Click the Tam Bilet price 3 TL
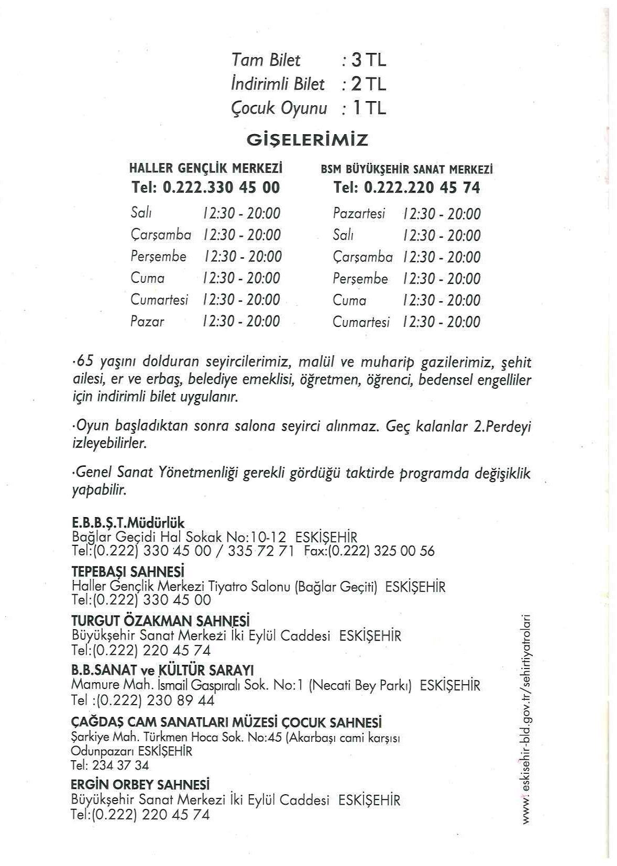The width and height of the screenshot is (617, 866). click(x=369, y=61)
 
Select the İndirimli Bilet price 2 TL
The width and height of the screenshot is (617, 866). click(x=369, y=84)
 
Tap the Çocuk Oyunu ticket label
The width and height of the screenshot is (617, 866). click(x=279, y=108)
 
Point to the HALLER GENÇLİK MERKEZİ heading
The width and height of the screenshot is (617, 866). click(x=206, y=169)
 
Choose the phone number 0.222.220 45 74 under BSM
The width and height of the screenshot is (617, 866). click(x=421, y=188)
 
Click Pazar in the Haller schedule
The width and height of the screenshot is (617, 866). click(x=147, y=321)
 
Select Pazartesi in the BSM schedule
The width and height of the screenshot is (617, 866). click(x=359, y=213)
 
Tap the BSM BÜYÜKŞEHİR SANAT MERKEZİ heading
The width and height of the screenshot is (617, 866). click(x=406, y=169)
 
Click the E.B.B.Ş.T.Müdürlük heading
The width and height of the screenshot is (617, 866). click(x=128, y=523)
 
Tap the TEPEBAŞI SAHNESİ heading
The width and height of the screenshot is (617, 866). click(x=128, y=571)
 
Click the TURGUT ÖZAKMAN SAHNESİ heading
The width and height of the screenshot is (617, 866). click(x=160, y=621)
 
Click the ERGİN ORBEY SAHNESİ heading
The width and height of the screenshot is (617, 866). click(x=140, y=785)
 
